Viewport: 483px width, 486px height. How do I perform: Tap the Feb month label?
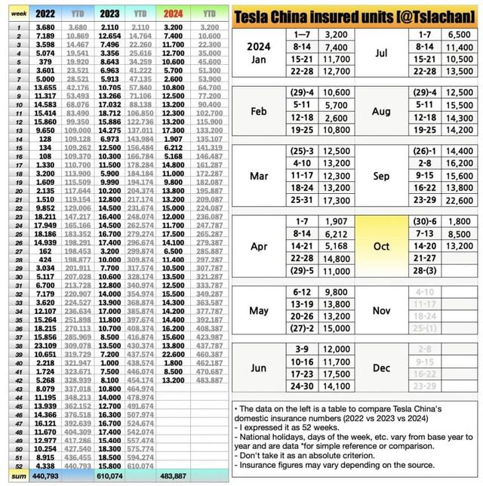click(x=259, y=112)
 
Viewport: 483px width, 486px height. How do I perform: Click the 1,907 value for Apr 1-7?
click(x=336, y=221)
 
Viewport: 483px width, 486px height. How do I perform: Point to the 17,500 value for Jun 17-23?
click(x=336, y=374)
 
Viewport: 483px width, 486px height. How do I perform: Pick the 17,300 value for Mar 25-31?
click(x=336, y=200)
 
